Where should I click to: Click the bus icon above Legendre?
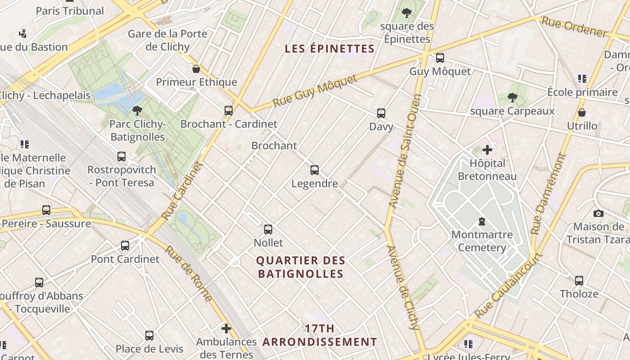coord(315,170)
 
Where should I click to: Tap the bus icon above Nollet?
coord(268,229)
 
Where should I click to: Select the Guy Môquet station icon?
coord(440,58)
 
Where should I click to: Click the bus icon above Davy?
coord(381,113)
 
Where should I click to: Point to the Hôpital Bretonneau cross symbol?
coord(487,150)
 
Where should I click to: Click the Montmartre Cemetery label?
coord(482,241)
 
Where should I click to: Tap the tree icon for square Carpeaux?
coord(512,98)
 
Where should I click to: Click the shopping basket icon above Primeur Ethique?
coord(196,69)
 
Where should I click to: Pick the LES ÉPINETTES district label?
coord(330,49)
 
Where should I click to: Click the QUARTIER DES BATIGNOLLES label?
coord(301,267)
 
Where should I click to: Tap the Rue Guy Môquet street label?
coord(315,92)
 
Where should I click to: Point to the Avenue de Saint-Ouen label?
coord(405,151)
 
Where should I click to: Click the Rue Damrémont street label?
coord(548,193)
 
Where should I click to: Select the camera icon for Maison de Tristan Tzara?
coord(598,213)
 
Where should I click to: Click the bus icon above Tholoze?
coord(579,281)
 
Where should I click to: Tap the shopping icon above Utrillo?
coord(582,112)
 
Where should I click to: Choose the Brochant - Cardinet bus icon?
coord(229,111)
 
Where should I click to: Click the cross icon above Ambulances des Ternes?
coord(226,328)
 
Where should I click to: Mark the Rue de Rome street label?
coord(188,273)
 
